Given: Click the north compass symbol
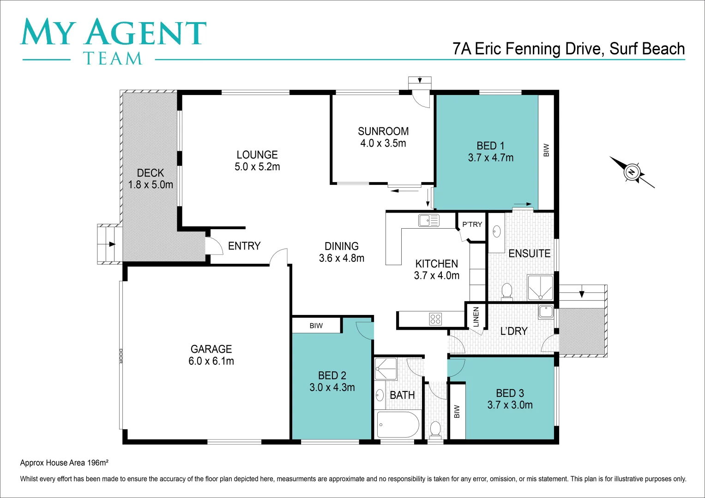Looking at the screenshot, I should pyautogui.click(x=632, y=172).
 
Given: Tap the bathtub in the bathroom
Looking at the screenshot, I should pyautogui.click(x=398, y=424).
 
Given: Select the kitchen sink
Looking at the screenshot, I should pyautogui.click(x=429, y=220).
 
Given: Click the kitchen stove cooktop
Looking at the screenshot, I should pyautogui.click(x=435, y=319).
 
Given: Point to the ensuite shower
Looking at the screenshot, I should pyautogui.click(x=540, y=288).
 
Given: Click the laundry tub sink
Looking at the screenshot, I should pyautogui.click(x=546, y=311).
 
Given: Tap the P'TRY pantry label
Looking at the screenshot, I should pyautogui.click(x=472, y=225).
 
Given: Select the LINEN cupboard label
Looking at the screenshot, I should pyautogui.click(x=476, y=316).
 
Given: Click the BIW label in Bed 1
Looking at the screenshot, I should pyautogui.click(x=546, y=150).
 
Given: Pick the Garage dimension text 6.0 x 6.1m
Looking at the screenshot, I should pyautogui.click(x=211, y=361).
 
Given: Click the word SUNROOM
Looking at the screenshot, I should pyautogui.click(x=383, y=131).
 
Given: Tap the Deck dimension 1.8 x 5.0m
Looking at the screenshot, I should pyautogui.click(x=151, y=185).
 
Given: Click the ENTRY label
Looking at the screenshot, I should pyautogui.click(x=244, y=246).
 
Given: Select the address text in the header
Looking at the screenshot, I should pyautogui.click(x=568, y=49).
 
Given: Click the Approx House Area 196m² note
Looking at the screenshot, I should pyautogui.click(x=64, y=462).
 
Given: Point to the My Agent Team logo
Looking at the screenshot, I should pyautogui.click(x=113, y=41).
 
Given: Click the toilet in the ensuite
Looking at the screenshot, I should pyautogui.click(x=506, y=292).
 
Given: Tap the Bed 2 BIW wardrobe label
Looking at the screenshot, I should pyautogui.click(x=316, y=326).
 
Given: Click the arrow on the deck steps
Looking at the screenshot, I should pyautogui.click(x=111, y=244).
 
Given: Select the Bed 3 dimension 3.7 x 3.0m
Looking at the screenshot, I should pyautogui.click(x=510, y=405).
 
